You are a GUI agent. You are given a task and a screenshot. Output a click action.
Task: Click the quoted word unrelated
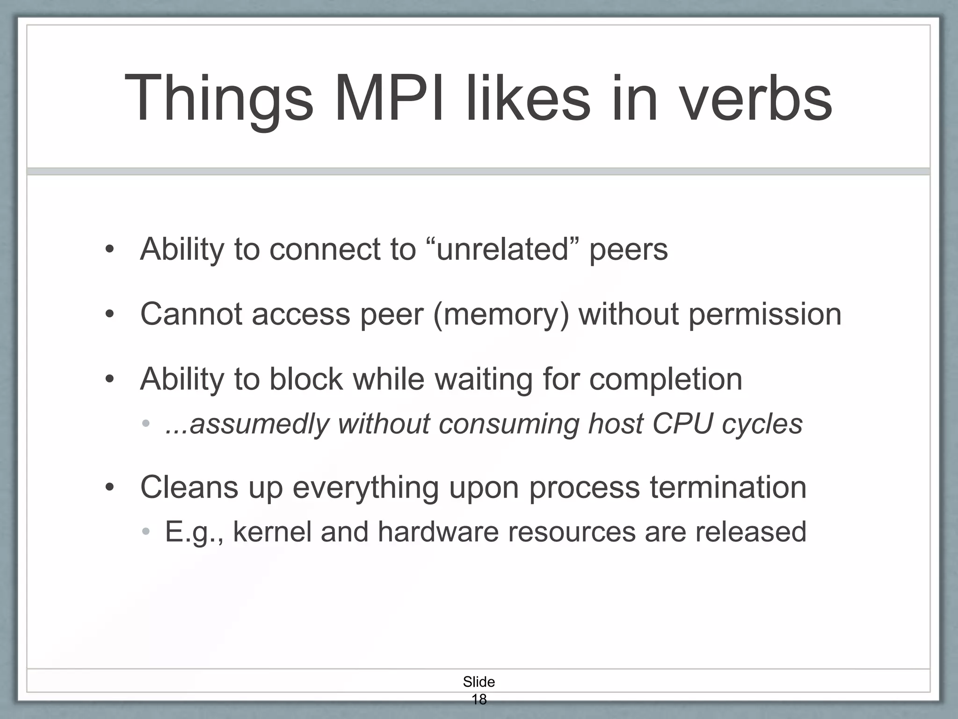(x=503, y=249)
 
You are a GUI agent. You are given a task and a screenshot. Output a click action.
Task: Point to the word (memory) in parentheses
(x=501, y=314)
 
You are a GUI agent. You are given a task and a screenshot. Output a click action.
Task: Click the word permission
(x=765, y=314)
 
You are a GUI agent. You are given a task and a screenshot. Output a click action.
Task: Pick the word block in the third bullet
(x=305, y=379)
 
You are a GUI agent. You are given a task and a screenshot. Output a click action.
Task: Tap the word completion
(x=665, y=379)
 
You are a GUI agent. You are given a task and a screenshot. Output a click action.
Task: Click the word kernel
(x=272, y=532)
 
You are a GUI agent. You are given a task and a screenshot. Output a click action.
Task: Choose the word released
(x=750, y=532)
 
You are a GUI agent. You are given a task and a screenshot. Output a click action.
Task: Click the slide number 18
(x=479, y=699)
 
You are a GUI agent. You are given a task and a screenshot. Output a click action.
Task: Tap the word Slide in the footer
(x=479, y=682)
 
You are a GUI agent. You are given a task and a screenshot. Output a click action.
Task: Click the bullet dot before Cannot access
(x=109, y=314)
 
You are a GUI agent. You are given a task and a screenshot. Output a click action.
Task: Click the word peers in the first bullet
(x=628, y=249)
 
